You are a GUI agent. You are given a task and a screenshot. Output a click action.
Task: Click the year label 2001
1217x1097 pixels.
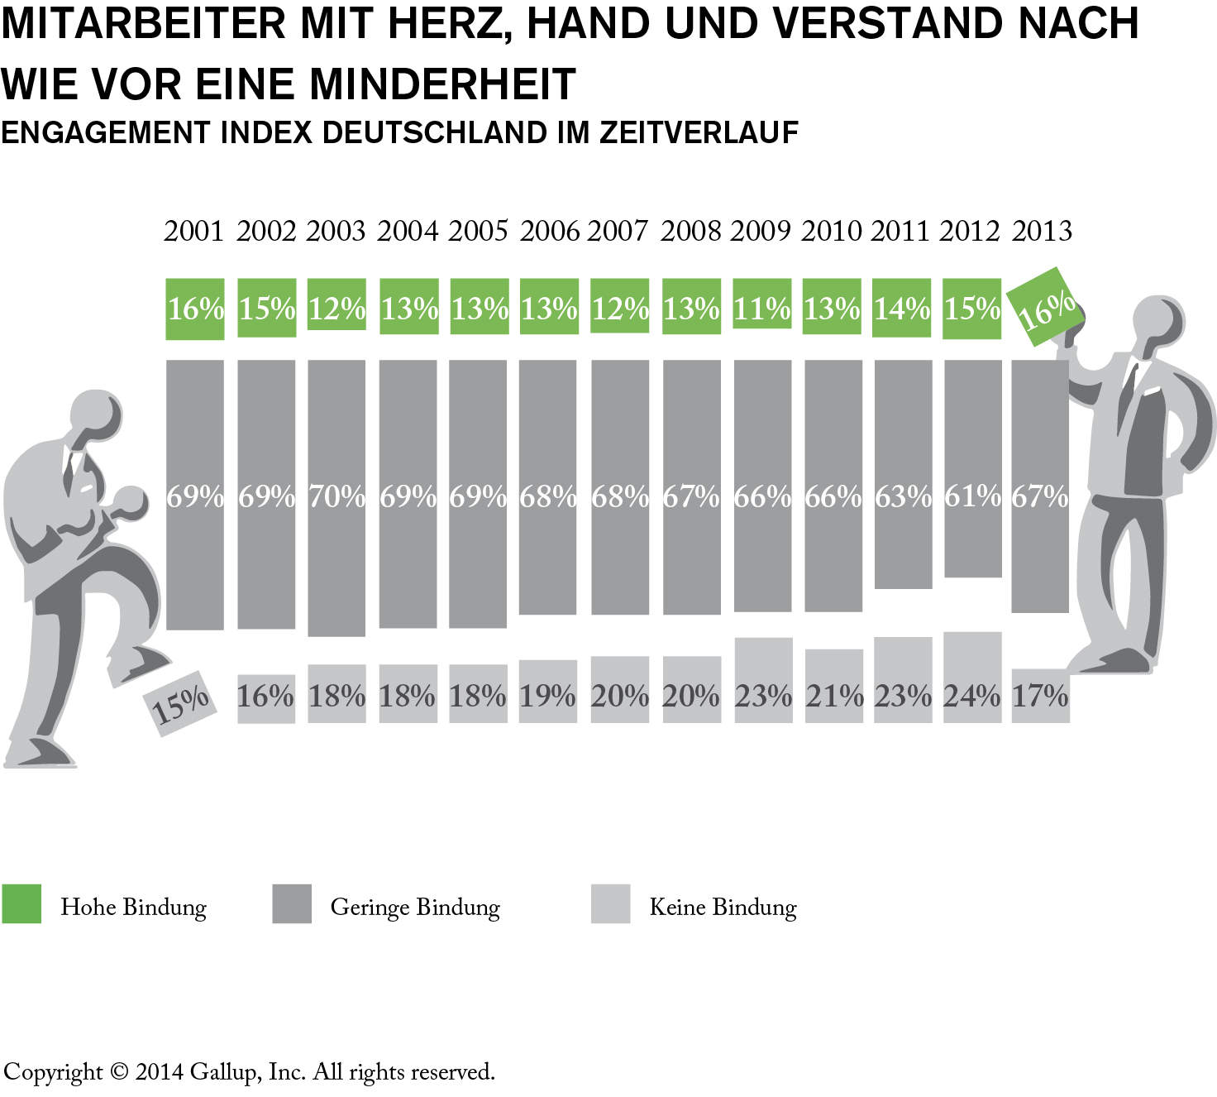coord(193,231)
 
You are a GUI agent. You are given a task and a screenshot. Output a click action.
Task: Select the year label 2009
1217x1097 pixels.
coord(761,231)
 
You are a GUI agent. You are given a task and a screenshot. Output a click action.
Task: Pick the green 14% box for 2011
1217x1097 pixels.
coord(902,308)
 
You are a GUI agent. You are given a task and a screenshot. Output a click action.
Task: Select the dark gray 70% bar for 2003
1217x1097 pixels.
coord(336,497)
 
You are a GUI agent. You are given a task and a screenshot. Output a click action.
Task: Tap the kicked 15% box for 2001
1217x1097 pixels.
coord(180,703)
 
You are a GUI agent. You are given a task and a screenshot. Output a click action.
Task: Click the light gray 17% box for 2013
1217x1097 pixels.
coord(1040,696)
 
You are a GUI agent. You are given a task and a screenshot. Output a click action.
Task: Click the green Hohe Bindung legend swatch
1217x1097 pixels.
coord(21,903)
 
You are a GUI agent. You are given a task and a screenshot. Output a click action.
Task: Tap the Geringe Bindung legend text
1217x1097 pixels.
coord(415,907)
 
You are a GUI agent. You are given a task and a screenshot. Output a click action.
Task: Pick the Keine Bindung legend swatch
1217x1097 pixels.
coord(610,903)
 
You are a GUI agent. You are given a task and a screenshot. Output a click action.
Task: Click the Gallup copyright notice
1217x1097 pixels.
coord(249,1072)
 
